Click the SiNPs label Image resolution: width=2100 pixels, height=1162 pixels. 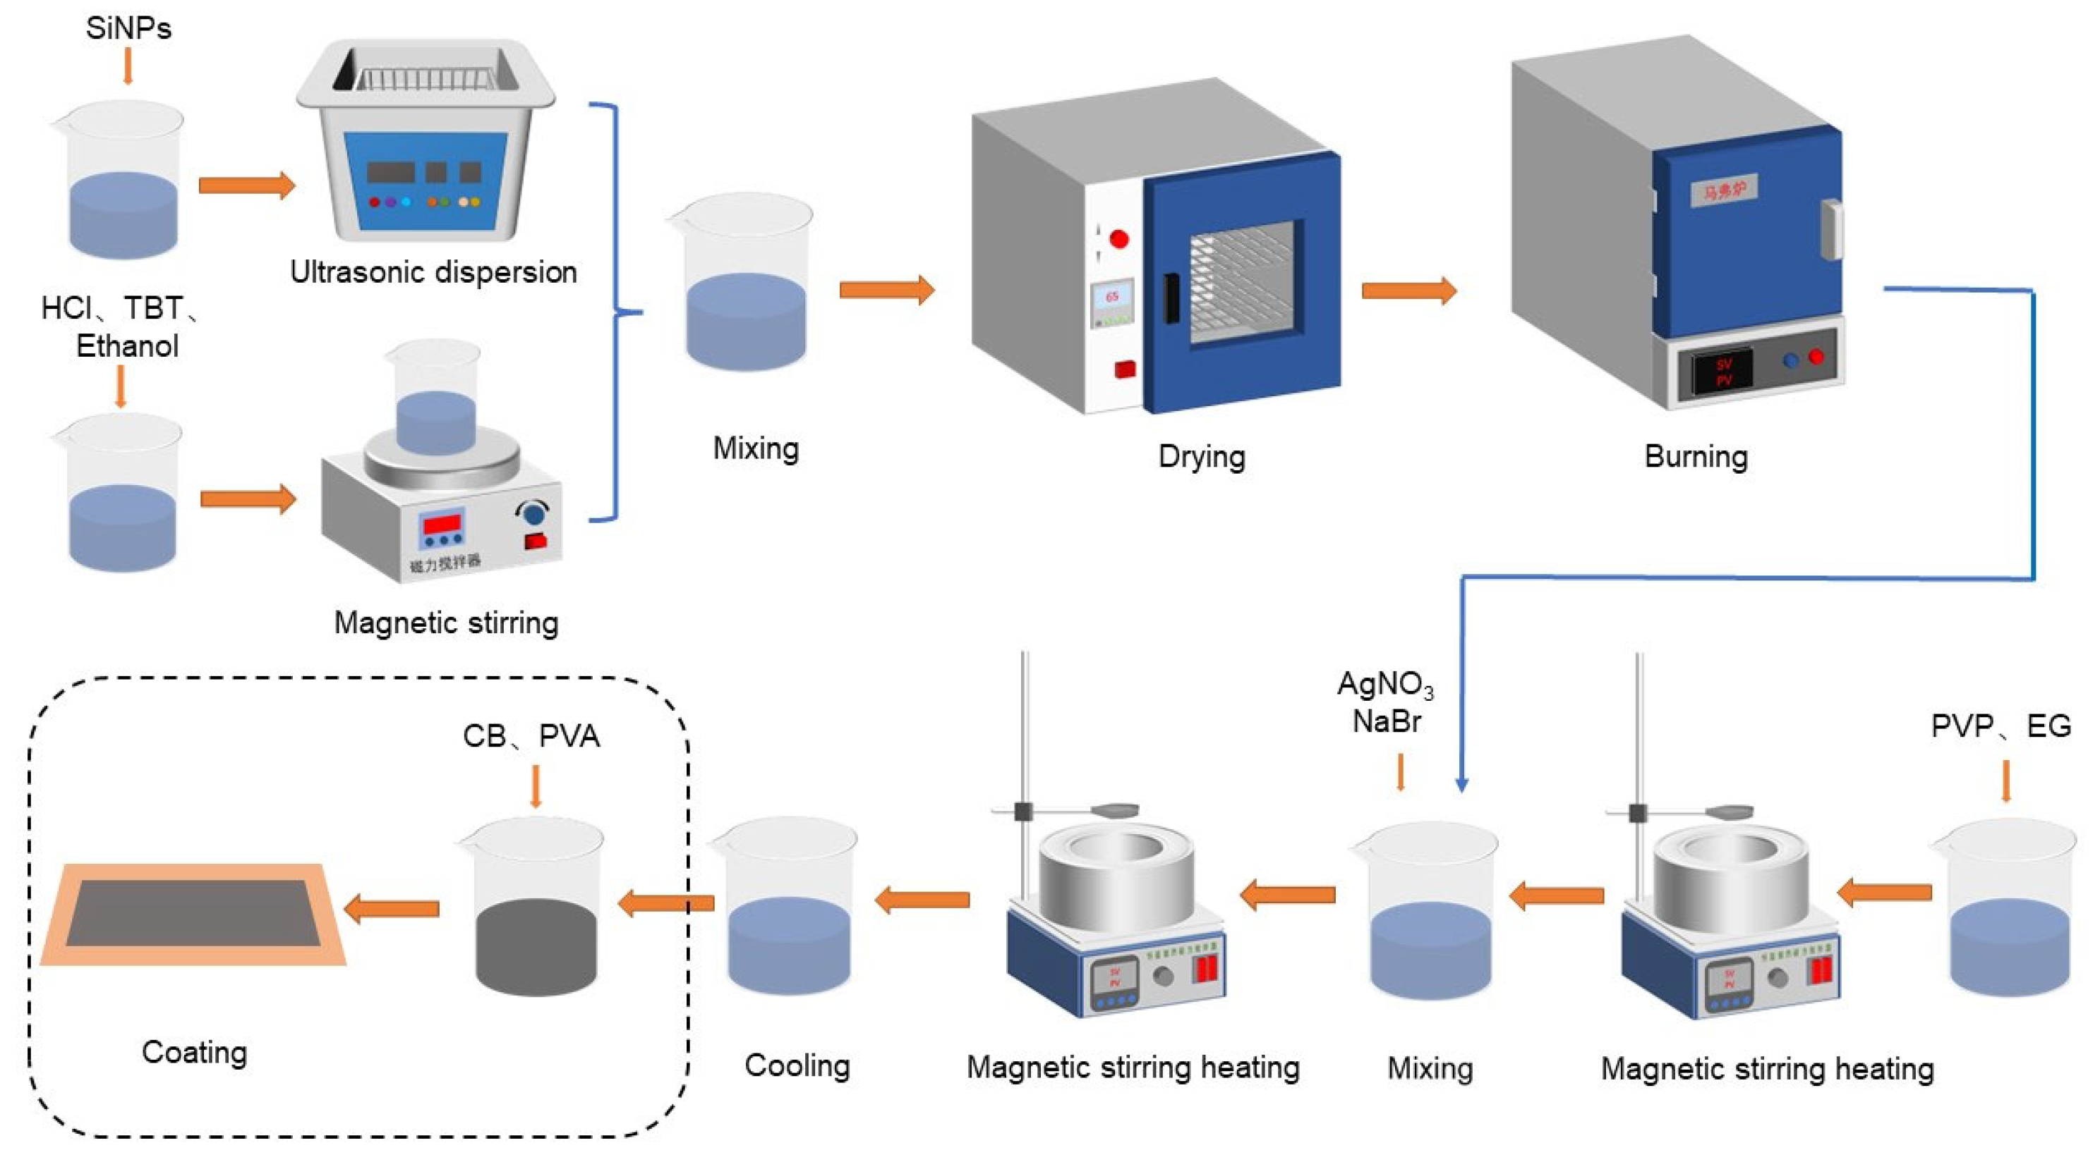128,28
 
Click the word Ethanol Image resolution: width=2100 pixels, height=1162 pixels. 127,346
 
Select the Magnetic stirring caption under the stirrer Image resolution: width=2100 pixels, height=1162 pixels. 446,623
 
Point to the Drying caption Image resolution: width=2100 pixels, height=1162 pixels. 1202,456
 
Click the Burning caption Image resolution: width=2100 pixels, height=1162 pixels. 1696,456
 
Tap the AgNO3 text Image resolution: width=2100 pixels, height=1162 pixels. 1385,685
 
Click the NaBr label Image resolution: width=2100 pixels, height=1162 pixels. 1387,722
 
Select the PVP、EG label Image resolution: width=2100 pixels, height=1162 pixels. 2001,726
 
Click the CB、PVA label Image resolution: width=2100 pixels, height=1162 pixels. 531,736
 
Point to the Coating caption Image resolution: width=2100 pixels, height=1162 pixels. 194,1052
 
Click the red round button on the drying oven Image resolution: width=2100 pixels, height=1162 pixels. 1119,239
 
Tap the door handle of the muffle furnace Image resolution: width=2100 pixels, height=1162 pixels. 1831,230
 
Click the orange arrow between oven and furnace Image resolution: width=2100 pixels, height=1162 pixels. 1408,290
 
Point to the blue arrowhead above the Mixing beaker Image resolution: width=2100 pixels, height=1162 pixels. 1461,785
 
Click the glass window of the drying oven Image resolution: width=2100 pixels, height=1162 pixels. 1241,282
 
